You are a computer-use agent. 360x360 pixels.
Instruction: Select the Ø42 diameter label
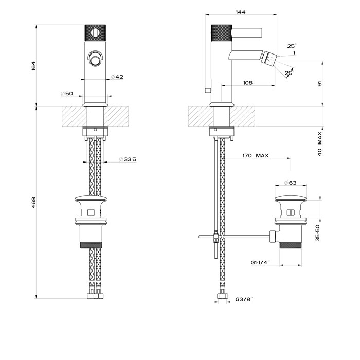[x=118, y=77]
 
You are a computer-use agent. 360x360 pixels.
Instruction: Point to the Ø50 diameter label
[x=67, y=93]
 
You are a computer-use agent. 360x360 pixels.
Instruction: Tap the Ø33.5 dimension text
[x=127, y=160]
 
